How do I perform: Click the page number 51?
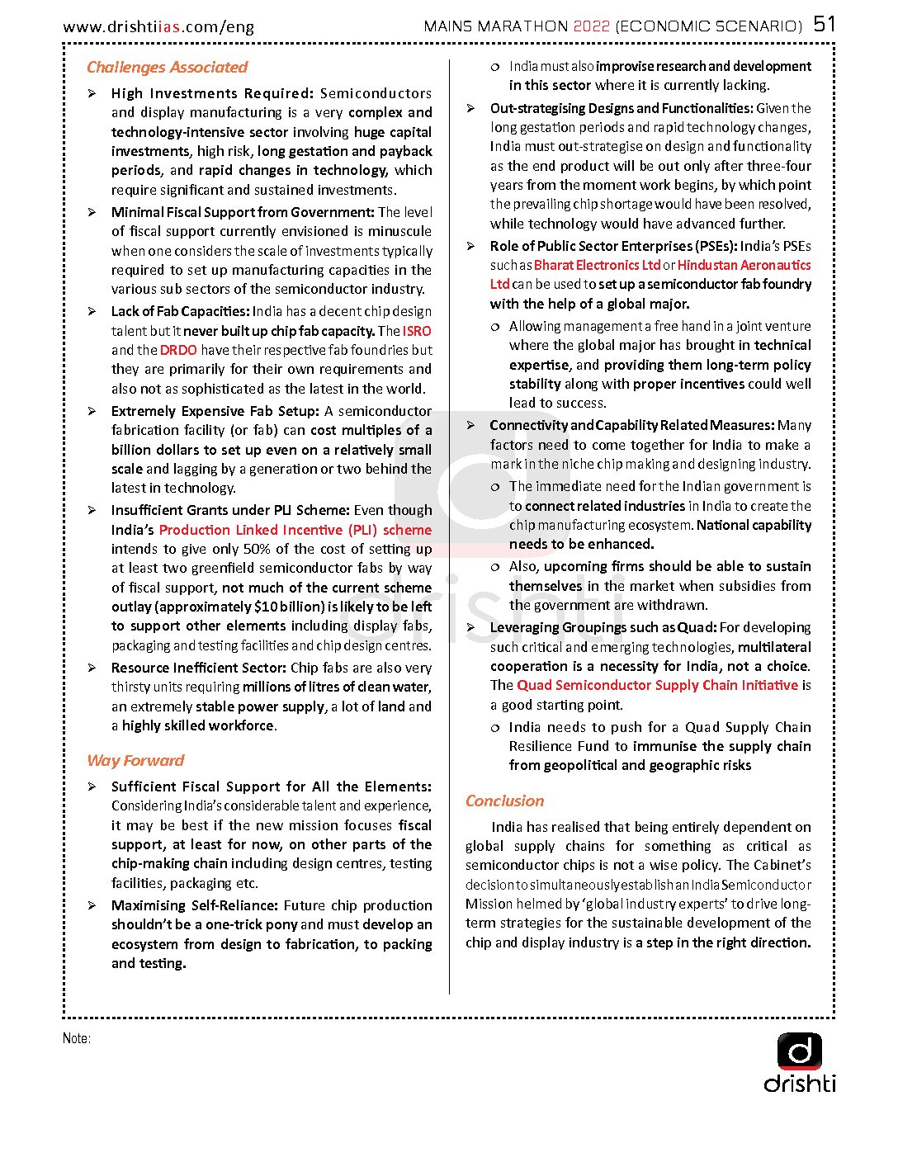tap(825, 24)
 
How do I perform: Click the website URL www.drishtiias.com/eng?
tap(158, 26)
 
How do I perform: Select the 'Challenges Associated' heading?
tap(167, 67)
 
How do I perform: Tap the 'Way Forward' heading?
tap(135, 760)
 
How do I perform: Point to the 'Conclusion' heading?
tap(504, 801)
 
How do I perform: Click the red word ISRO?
tap(417, 331)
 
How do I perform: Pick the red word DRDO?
tap(178, 350)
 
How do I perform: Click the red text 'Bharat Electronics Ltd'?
tap(597, 265)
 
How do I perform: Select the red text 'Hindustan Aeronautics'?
tap(744, 265)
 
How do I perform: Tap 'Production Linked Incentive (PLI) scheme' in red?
tap(295, 530)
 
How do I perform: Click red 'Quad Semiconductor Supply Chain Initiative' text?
tap(657, 685)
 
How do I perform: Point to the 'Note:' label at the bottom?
tap(76, 1038)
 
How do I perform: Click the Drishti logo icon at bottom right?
tap(799, 1051)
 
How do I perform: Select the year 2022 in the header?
tap(591, 26)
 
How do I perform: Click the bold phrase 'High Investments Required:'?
tap(212, 93)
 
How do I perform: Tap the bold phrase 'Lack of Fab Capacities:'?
tap(180, 311)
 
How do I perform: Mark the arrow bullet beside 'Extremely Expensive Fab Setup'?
tap(92, 411)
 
